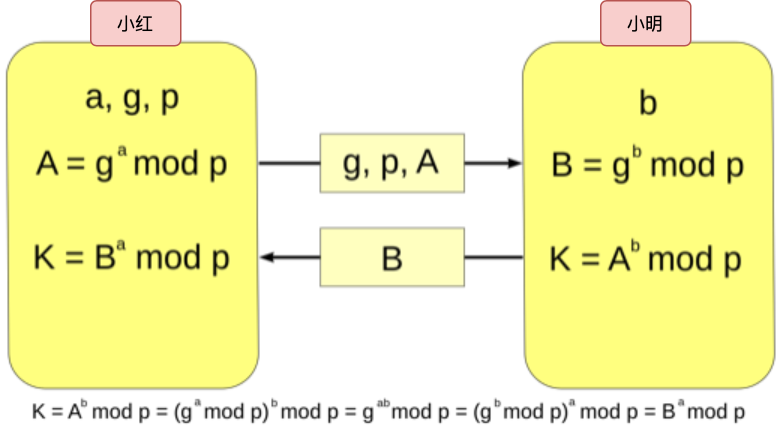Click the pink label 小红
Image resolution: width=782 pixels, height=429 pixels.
(x=135, y=24)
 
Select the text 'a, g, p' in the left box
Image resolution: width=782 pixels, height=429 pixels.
(x=133, y=100)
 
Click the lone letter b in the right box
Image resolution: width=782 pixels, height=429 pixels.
(x=647, y=103)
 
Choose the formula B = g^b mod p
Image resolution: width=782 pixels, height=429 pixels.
(x=647, y=165)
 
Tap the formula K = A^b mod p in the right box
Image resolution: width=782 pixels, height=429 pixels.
(x=647, y=259)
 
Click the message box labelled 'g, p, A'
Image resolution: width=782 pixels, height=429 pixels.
(x=392, y=163)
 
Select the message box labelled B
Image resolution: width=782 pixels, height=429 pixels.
(x=392, y=258)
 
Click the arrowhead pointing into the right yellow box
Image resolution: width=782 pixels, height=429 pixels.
(x=514, y=163)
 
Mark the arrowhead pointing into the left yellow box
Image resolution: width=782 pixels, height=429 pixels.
(x=270, y=258)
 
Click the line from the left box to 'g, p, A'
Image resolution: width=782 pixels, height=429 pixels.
(x=290, y=163)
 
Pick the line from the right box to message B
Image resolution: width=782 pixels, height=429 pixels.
(x=493, y=258)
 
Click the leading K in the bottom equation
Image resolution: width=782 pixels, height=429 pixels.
(x=38, y=411)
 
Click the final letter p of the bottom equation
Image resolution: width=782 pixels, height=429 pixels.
(x=739, y=413)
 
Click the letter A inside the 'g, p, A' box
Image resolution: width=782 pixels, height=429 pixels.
(x=427, y=162)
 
